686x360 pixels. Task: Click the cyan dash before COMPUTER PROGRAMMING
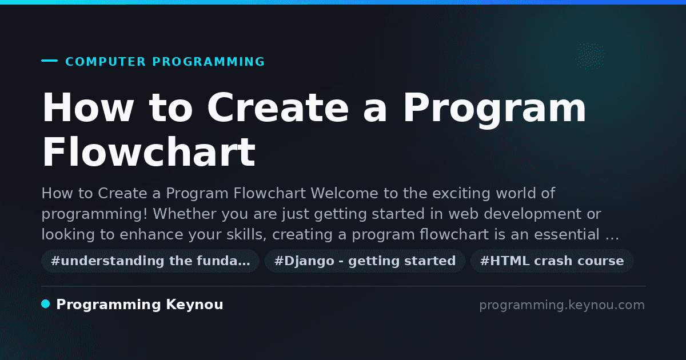pyautogui.click(x=49, y=61)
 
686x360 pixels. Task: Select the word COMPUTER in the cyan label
pyautogui.click(x=106, y=62)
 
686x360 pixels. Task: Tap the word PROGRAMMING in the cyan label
pyautogui.click(x=209, y=62)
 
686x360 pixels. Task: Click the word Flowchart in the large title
pyautogui.click(x=149, y=152)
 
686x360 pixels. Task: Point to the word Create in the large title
pyautogui.click(x=278, y=107)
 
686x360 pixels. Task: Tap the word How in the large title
pyautogui.click(x=87, y=107)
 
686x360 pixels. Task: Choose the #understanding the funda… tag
pyautogui.click(x=150, y=261)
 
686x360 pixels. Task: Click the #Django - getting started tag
pyautogui.click(x=365, y=261)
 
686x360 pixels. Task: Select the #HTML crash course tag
pyautogui.click(x=552, y=261)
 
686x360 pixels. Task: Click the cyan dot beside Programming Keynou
pyautogui.click(x=46, y=304)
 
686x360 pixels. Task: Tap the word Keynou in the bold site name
pyautogui.click(x=194, y=305)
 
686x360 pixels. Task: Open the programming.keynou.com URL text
pyautogui.click(x=562, y=305)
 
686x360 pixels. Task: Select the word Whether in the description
pyautogui.click(x=185, y=214)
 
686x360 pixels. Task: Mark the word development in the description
pyautogui.click(x=533, y=214)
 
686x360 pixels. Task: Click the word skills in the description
pyautogui.click(x=246, y=235)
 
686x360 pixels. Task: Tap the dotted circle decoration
pyautogui.click(x=590, y=56)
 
